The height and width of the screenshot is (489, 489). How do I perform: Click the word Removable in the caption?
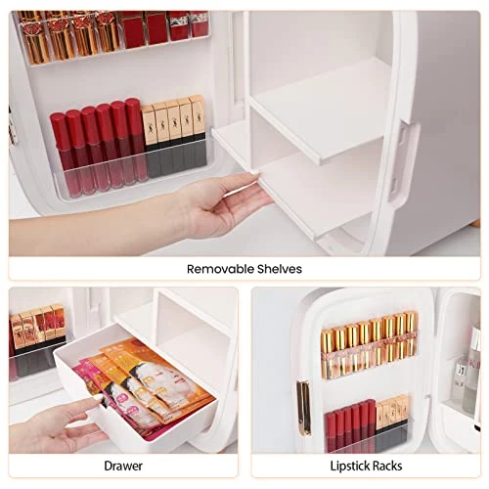tap(220, 269)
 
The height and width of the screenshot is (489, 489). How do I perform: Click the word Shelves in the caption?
tap(280, 269)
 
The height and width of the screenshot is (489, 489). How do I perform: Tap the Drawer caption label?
tap(123, 466)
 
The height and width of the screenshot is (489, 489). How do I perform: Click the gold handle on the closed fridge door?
tap(304, 408)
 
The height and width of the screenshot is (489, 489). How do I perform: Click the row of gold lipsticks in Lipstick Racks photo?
tap(369, 344)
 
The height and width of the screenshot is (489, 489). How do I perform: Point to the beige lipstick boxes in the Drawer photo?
tap(37, 326)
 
